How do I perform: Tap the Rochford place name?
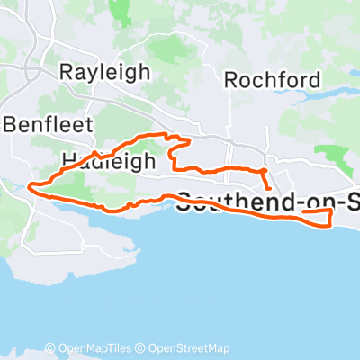point(272,80)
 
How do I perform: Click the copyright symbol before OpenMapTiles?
point(51,349)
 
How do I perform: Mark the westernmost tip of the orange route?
point(31,187)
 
